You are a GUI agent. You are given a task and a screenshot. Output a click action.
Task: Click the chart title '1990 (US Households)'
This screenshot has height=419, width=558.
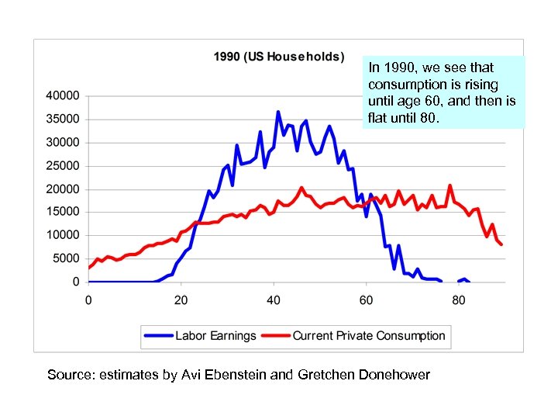pos(279,57)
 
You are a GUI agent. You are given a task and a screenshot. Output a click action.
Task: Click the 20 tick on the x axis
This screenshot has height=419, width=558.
pos(181,300)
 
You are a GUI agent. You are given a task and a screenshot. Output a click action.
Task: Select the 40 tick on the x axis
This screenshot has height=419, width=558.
pos(274,300)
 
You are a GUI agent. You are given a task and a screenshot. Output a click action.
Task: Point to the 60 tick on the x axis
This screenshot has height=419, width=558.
pos(366,300)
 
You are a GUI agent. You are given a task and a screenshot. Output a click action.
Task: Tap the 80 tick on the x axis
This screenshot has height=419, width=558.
pos(459,300)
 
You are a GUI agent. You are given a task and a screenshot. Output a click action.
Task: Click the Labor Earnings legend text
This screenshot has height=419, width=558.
pos(215,336)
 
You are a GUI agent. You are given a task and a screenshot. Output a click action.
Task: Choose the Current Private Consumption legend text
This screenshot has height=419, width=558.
pos(369,336)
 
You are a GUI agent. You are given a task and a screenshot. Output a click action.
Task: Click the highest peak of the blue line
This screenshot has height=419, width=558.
pos(278,112)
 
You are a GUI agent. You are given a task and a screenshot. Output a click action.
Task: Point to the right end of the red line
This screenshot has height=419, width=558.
pos(502,244)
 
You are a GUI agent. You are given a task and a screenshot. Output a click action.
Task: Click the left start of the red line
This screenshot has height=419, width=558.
pos(89,268)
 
